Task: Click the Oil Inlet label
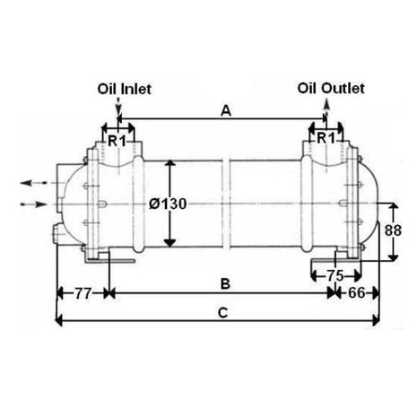click(125, 89)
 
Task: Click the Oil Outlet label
click(331, 89)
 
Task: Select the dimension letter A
click(226, 111)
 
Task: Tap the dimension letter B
click(225, 283)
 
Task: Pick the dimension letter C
click(223, 313)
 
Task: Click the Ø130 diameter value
click(168, 204)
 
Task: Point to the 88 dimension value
click(393, 230)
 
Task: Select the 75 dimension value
click(335, 275)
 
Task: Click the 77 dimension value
click(83, 293)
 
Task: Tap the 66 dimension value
click(357, 293)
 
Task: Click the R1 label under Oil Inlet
click(117, 141)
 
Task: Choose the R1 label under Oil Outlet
click(326, 138)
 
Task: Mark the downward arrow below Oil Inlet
click(118, 105)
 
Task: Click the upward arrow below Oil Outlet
click(326, 107)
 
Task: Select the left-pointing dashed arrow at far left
click(34, 182)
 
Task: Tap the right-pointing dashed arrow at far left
click(33, 204)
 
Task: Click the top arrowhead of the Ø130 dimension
click(170, 163)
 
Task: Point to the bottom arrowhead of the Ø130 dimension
click(169, 243)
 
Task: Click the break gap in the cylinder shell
click(226, 204)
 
